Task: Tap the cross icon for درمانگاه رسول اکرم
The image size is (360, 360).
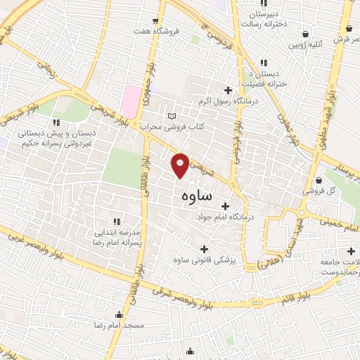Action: pyautogui.click(x=227, y=90)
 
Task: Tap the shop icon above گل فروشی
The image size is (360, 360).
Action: pyautogui.click(x=319, y=180)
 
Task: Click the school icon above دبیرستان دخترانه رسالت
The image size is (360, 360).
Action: pyautogui.click(x=263, y=5)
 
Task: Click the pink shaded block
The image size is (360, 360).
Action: pyautogui.click(x=129, y=101)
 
